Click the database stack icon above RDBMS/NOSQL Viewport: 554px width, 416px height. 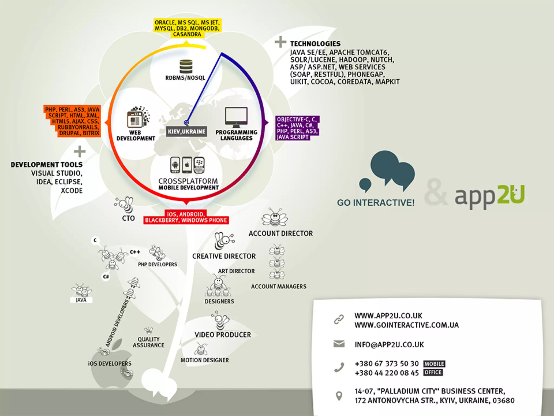(x=186, y=66)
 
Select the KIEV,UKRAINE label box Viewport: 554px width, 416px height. (x=186, y=132)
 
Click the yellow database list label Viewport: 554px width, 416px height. (x=187, y=28)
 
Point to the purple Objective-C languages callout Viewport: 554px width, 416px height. (x=297, y=128)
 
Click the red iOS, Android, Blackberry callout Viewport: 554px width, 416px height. (x=186, y=217)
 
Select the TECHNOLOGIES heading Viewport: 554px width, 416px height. (x=315, y=44)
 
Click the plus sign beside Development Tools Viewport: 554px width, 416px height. (x=80, y=152)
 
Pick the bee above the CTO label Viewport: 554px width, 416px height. (x=125, y=204)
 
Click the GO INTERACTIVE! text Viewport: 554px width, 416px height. (x=376, y=203)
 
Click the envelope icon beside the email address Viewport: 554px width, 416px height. (x=339, y=344)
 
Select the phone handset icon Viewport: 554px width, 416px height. (x=339, y=368)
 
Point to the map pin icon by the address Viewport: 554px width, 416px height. (x=339, y=396)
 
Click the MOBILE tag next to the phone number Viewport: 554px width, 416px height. (x=434, y=364)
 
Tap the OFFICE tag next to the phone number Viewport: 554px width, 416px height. (x=433, y=373)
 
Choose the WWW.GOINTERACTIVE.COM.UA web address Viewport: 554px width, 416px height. (x=407, y=325)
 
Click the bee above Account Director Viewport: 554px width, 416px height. (x=275, y=217)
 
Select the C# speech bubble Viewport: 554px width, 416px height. (x=106, y=277)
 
